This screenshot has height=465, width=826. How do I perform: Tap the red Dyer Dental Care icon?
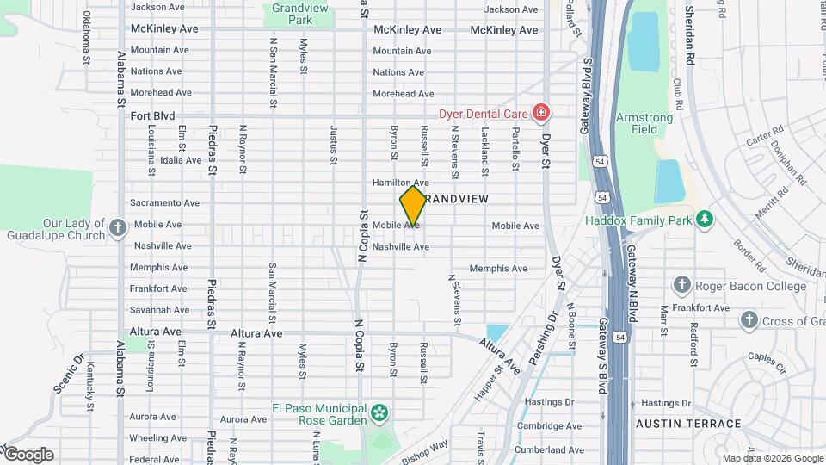[540, 113]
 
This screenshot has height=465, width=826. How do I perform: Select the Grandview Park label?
[287, 13]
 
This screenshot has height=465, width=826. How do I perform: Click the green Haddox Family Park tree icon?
[705, 220]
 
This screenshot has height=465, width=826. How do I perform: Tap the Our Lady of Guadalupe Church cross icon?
[119, 228]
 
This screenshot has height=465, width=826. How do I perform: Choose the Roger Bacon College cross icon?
[682, 285]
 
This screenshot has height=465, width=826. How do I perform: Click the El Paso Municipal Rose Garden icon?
[379, 414]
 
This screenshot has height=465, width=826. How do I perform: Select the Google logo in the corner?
[28, 455]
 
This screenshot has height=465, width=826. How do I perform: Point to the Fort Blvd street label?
[152, 115]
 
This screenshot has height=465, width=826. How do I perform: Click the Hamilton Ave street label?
[400, 183]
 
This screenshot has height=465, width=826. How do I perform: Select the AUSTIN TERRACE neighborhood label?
[687, 424]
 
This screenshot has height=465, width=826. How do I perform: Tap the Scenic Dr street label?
[70, 372]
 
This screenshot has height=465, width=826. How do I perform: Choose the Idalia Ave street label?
[180, 160]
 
